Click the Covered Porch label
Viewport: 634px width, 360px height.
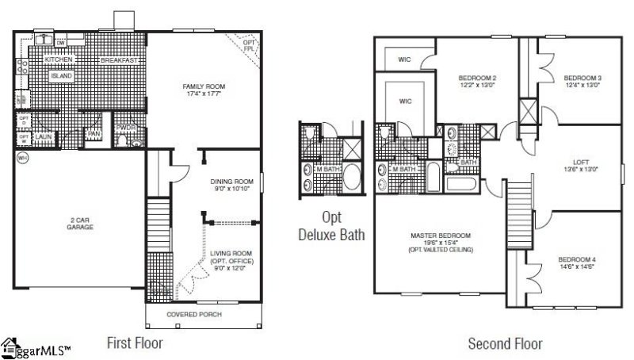click(x=194, y=315)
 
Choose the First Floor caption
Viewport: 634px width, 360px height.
click(x=135, y=343)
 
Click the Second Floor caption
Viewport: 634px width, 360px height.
click(x=505, y=343)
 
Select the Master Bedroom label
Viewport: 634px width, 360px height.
click(x=440, y=236)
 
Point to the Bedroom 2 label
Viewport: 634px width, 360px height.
click(x=477, y=78)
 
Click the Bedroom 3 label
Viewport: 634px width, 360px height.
click(x=582, y=78)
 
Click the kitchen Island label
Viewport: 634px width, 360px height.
click(x=61, y=76)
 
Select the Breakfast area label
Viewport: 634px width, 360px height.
click(x=120, y=60)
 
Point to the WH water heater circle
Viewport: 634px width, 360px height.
click(x=21, y=158)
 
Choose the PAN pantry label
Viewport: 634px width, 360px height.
click(x=94, y=133)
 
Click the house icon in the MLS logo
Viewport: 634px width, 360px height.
click(x=10, y=347)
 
